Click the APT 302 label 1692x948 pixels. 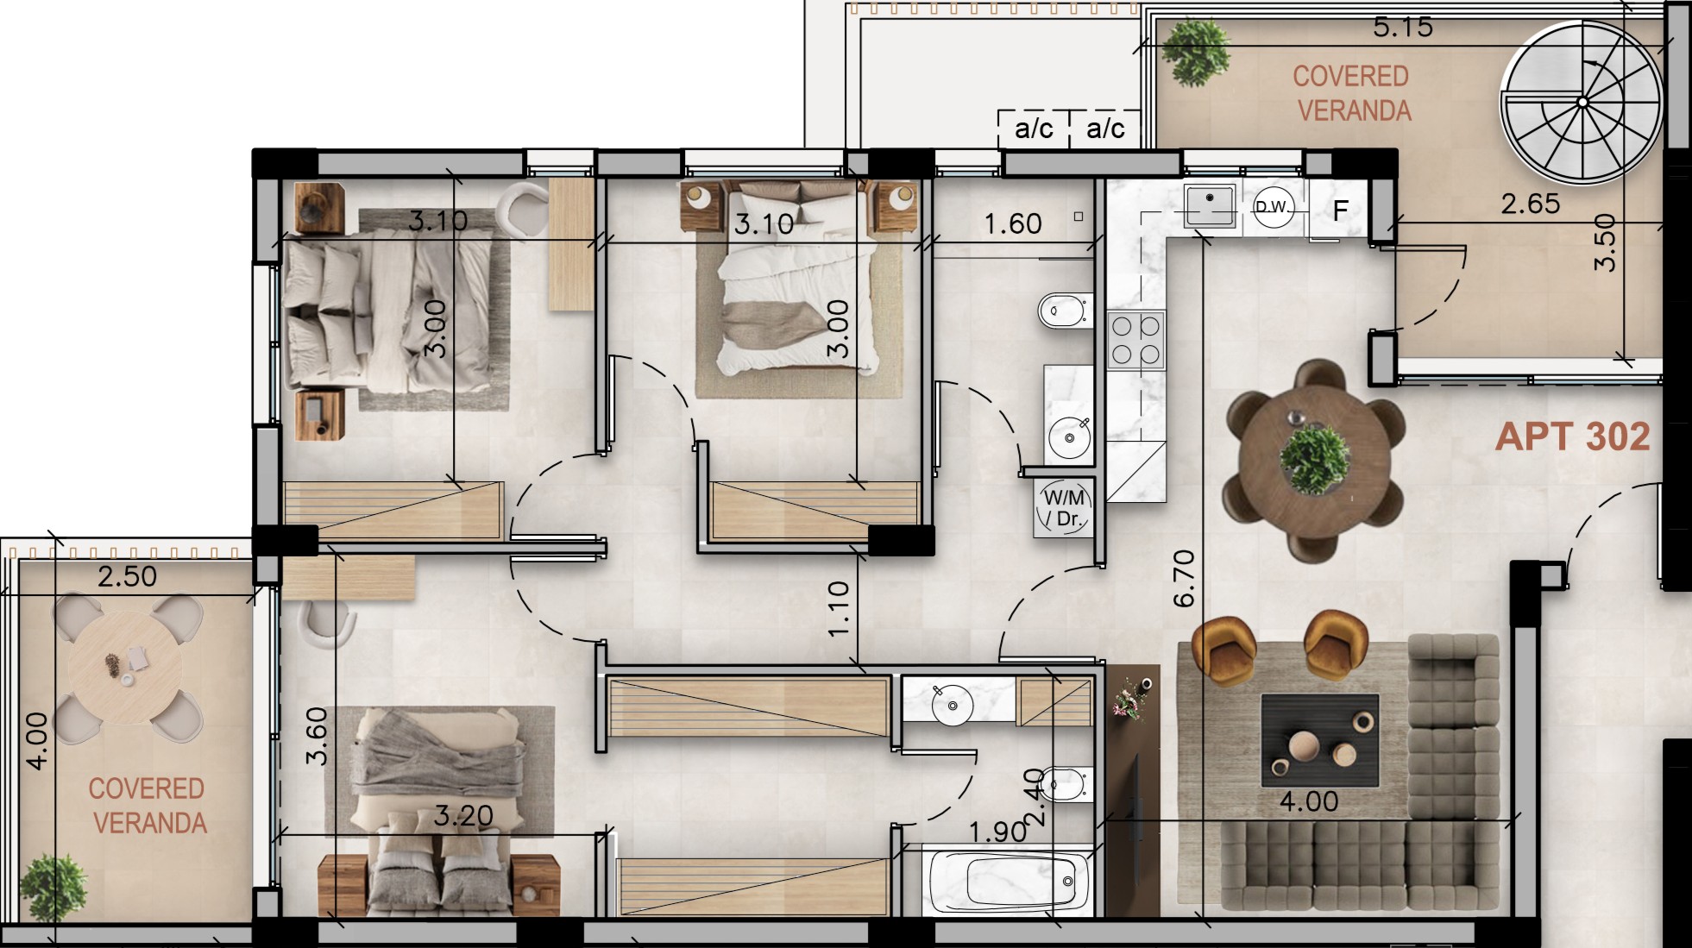1572,436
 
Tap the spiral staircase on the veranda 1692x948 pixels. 1582,103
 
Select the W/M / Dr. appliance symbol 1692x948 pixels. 1064,508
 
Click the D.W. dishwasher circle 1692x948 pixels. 1273,207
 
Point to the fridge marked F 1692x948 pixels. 1340,210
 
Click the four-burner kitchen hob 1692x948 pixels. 1135,340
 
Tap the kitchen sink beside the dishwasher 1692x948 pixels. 1209,205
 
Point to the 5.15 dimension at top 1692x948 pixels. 1403,28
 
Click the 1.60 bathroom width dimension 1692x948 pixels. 1013,224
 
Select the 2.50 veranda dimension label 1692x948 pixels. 127,576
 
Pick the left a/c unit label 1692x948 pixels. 1034,129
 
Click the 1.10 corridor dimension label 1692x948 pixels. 839,609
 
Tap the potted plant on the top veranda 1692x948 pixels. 1195,51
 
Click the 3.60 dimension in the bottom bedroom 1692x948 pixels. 318,736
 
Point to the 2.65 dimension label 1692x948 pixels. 1531,204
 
